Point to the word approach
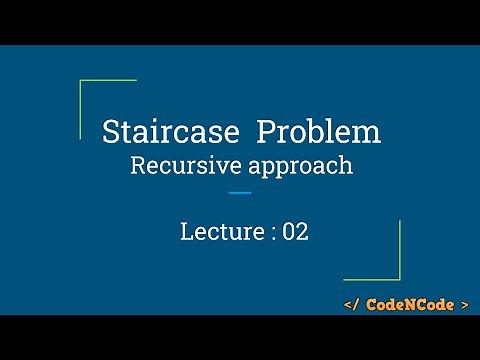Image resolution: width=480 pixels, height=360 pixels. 299,166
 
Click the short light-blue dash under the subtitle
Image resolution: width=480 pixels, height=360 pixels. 240,192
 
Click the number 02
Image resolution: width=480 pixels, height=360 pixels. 295,232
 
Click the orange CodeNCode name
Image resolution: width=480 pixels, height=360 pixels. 408,303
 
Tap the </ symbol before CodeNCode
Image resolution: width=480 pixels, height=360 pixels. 353,303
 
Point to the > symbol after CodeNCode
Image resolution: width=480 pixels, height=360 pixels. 463,303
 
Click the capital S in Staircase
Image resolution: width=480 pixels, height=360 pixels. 112,132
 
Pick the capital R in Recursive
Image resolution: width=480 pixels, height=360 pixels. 138,165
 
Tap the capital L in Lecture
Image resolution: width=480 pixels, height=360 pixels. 186,232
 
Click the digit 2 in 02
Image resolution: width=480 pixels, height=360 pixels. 302,232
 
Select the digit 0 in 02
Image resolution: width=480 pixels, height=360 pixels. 289,232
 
